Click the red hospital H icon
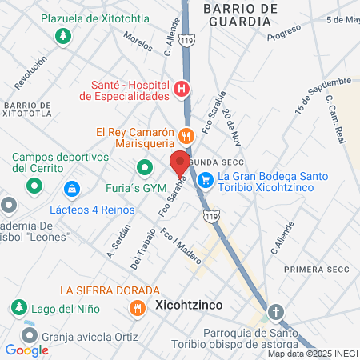182,89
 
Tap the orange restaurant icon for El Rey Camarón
186,135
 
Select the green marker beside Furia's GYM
145,169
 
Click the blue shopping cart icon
206,180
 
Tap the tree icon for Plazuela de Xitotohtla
62,36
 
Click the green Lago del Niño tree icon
18,307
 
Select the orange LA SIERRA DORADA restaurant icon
138,306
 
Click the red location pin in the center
180,165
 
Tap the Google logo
26,350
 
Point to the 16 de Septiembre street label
322,95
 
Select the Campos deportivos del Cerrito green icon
34,187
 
